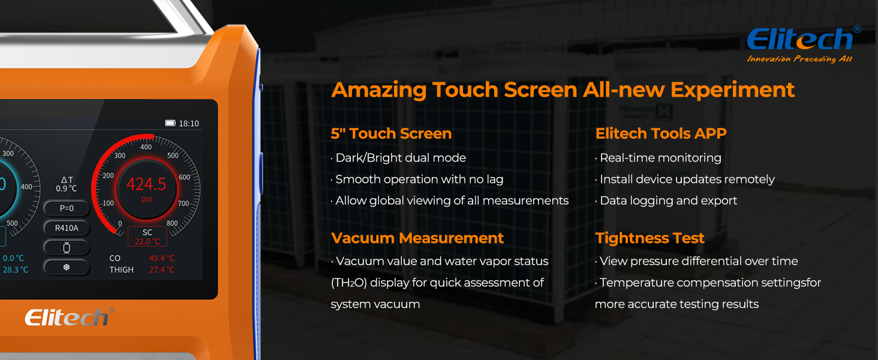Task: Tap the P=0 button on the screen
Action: point(66,208)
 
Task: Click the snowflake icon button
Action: point(66,267)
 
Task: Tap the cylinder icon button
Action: point(66,247)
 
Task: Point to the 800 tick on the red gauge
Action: point(172,224)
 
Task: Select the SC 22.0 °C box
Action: point(147,237)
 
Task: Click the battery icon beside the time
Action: point(170,123)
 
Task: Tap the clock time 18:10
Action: point(189,124)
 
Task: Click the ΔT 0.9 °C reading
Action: point(67,184)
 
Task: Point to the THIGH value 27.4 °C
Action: point(161,270)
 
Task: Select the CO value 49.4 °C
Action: point(161,258)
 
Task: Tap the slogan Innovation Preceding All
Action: point(799,59)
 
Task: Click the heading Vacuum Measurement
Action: point(417,238)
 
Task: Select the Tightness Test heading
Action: point(650,238)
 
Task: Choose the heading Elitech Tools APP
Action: point(660,134)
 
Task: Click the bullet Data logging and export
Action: point(667,201)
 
